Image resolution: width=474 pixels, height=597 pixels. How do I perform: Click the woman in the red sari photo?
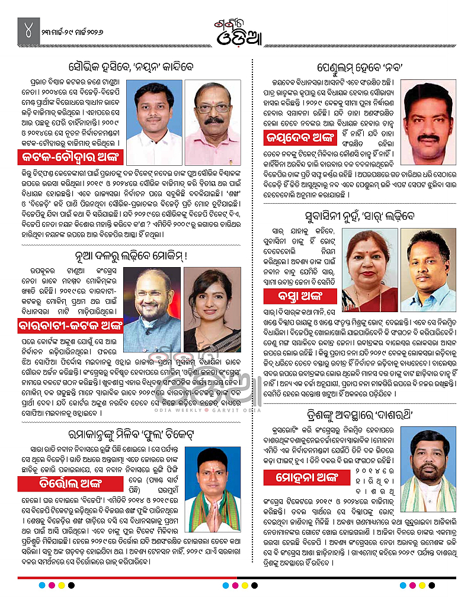(370, 262)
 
